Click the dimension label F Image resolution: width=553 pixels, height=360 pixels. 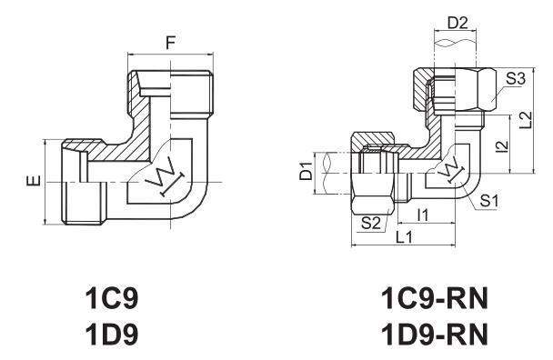click(x=171, y=44)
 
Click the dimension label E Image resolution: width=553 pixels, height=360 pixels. click(x=35, y=181)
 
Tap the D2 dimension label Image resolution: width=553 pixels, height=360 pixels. click(x=457, y=24)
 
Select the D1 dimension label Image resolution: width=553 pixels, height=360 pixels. click(x=307, y=171)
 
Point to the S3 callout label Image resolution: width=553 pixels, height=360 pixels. click(x=516, y=78)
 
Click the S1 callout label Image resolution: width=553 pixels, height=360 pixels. click(x=488, y=201)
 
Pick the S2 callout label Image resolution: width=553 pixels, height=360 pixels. click(x=371, y=223)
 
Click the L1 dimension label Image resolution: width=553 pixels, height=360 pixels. click(x=404, y=237)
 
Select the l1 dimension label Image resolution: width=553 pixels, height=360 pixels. click(x=423, y=215)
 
